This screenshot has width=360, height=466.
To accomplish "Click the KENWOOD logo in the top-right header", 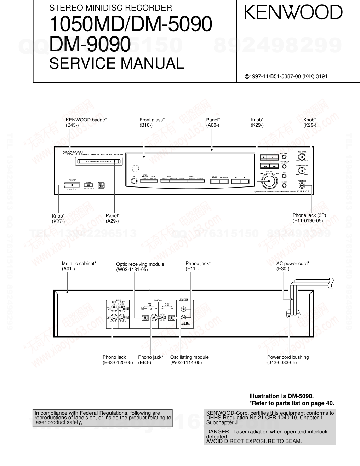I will point(292,13).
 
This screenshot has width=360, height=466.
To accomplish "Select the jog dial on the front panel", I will point(269,181).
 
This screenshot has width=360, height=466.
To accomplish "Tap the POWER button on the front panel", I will point(72,184).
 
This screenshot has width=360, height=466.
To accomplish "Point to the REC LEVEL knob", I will point(302,157).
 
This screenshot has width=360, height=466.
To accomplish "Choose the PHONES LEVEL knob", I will point(302,171).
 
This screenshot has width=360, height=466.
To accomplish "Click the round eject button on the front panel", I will point(134,181).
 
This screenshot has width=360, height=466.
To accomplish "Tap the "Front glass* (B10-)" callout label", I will point(152,122).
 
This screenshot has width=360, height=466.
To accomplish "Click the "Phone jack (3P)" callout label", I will point(309,218).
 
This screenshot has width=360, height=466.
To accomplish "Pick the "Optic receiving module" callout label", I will point(140,267).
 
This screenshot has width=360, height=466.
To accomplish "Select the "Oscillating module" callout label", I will point(189,360).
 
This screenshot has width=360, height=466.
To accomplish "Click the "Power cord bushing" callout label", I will point(288,360).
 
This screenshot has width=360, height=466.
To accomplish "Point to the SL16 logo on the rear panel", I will point(185,323).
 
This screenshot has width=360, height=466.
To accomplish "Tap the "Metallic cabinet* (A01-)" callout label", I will point(79,266).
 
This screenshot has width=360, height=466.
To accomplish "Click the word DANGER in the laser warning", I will point(217,432).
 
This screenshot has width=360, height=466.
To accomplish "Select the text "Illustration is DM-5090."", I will point(281,396).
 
